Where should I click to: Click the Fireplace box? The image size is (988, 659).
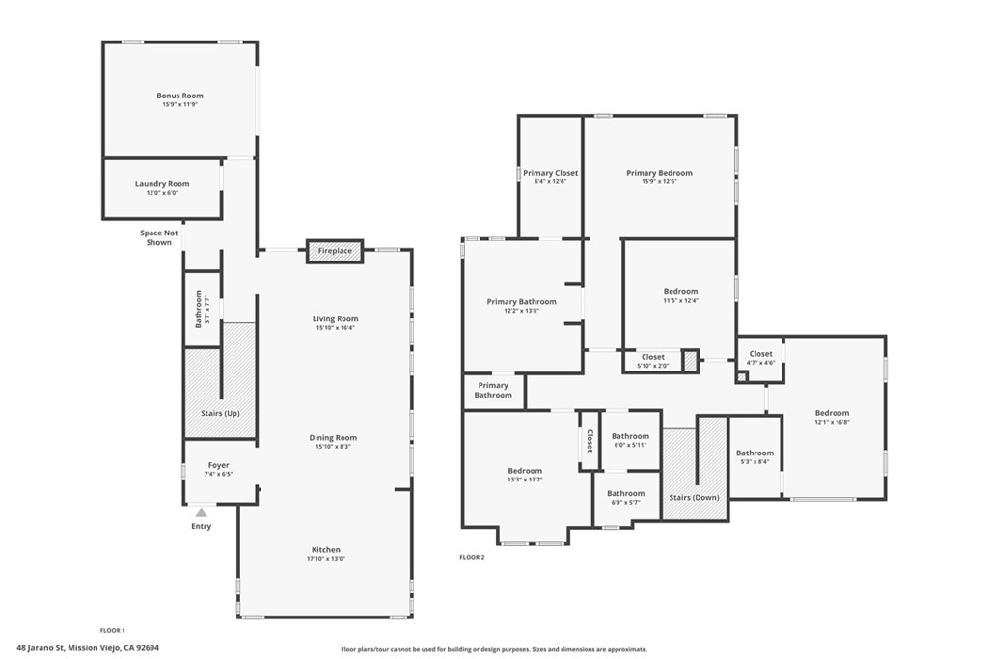(x=335, y=251)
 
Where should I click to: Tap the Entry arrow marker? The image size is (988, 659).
(x=200, y=513)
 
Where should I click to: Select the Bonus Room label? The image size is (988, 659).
(x=179, y=96)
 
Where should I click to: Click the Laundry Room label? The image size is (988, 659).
(x=162, y=183)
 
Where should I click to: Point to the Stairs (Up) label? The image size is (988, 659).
(x=220, y=413)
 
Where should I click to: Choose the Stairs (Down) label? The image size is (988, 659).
(x=694, y=498)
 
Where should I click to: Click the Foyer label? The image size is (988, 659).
(x=219, y=465)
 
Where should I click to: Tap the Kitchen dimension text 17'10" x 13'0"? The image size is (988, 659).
(x=325, y=559)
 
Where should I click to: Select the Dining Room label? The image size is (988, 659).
(x=334, y=437)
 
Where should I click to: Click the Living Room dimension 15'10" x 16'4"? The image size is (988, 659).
(x=335, y=328)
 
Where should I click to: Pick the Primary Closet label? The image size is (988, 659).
(x=551, y=173)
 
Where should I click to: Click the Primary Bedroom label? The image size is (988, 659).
(x=659, y=173)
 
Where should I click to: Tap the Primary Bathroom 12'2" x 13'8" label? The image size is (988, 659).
(x=521, y=302)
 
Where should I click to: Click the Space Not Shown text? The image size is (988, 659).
(x=158, y=237)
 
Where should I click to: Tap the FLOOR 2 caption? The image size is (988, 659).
(x=471, y=557)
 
